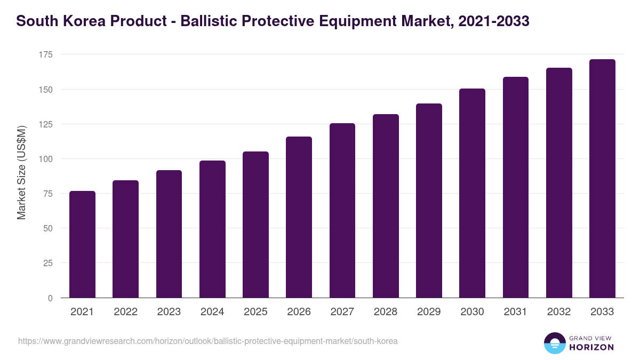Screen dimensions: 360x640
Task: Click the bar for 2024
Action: point(212,229)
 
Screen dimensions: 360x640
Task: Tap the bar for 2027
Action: point(342,211)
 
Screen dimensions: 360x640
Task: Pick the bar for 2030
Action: point(472,193)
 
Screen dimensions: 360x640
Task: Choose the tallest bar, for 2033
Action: point(602,179)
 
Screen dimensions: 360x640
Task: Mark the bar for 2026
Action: point(299,217)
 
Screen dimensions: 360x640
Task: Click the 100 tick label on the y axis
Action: point(46,159)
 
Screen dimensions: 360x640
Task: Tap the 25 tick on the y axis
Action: point(48,263)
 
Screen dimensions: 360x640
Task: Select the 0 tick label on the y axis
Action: point(50,298)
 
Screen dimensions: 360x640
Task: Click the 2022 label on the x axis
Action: point(125,312)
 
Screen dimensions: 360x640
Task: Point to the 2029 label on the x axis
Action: point(429,312)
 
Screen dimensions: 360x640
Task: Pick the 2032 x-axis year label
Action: point(559,312)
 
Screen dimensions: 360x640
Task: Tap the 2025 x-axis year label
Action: point(255,312)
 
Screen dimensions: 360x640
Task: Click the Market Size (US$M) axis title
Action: point(21,172)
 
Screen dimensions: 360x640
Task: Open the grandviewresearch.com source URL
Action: point(208,341)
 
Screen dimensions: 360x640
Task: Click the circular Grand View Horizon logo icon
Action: point(554,343)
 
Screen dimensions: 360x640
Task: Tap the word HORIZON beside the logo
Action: point(591,347)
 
